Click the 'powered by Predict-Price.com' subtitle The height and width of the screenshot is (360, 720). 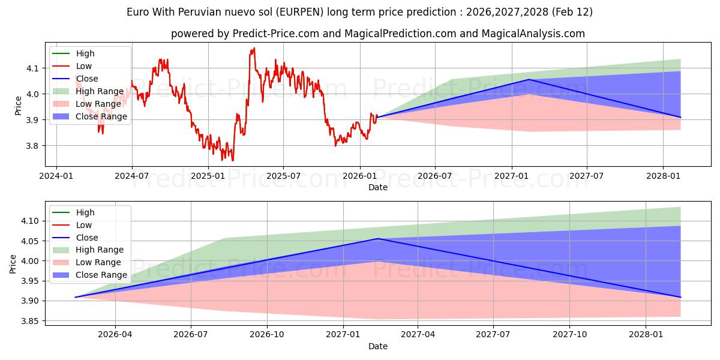tap(377, 34)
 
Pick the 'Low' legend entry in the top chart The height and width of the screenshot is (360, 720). tap(85, 66)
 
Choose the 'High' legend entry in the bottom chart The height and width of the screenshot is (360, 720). tap(85, 212)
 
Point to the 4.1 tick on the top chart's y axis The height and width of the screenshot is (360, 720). tap(32, 68)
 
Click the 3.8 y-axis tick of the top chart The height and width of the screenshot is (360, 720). tap(32, 146)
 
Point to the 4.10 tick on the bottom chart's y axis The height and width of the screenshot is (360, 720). tap(29, 221)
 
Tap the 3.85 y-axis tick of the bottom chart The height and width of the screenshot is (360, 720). tap(29, 321)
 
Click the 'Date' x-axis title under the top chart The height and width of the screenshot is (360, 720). tap(378, 187)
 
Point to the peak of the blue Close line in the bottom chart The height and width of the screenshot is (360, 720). tap(377, 239)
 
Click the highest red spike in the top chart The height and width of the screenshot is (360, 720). tap(254, 48)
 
